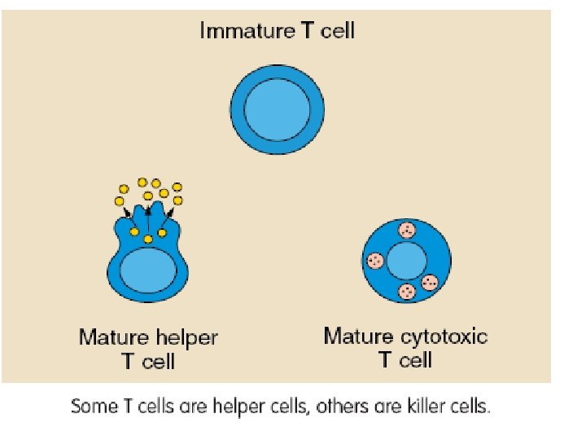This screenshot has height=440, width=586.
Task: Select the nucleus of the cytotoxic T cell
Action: [406, 262]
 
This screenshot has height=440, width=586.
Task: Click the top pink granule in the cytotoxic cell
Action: [406, 231]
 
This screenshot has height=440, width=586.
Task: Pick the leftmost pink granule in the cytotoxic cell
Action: [375, 261]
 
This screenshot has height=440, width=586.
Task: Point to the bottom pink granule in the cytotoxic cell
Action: [406, 292]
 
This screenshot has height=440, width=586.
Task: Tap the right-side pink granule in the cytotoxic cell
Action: [430, 283]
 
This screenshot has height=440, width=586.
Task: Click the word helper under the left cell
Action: [186, 337]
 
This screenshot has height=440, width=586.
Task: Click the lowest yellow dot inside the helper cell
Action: [148, 239]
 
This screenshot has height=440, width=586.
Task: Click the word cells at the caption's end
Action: [470, 406]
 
